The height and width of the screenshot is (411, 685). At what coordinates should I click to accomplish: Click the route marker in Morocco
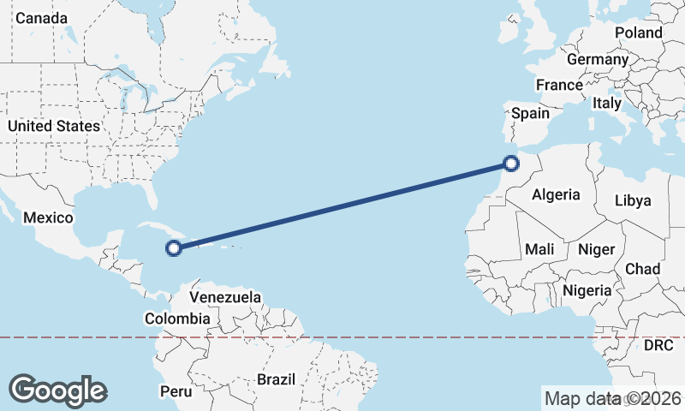[511, 163]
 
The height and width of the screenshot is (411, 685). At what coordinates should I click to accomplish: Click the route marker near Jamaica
[174, 248]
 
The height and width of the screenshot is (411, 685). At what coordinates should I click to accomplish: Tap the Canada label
[41, 18]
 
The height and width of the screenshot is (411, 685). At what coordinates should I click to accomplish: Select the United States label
[53, 126]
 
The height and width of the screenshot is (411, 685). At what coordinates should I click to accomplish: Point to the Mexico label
[48, 217]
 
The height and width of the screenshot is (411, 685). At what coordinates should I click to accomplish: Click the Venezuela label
[225, 297]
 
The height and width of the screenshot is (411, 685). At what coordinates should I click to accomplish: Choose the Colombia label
[177, 319]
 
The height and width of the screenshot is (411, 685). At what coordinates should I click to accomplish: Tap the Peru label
[176, 391]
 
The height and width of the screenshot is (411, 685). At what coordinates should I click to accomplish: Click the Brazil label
[276, 378]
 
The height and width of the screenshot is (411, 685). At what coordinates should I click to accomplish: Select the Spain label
[530, 112]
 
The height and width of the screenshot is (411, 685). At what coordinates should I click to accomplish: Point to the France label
[559, 85]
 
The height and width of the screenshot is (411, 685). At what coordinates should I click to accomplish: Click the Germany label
[598, 60]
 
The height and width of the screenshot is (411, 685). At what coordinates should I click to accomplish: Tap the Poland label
[638, 33]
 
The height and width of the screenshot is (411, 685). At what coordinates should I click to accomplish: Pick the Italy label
[607, 102]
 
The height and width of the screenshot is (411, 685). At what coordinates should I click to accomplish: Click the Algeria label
[556, 194]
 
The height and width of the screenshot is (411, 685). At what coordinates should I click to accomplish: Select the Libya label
[633, 200]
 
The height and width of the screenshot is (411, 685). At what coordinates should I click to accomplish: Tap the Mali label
[540, 249]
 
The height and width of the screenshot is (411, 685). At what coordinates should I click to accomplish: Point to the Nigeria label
[587, 290]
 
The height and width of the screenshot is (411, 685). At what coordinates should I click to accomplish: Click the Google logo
[57, 390]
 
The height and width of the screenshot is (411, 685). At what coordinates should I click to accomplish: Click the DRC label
[658, 345]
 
